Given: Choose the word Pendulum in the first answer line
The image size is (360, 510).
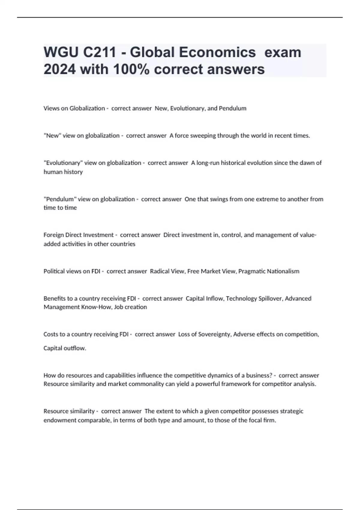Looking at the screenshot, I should (232, 108).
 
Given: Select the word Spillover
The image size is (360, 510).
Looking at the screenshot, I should (268, 298).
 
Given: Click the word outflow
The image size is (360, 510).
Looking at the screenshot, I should (75, 348).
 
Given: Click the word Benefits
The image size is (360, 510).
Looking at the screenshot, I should (54, 298).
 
